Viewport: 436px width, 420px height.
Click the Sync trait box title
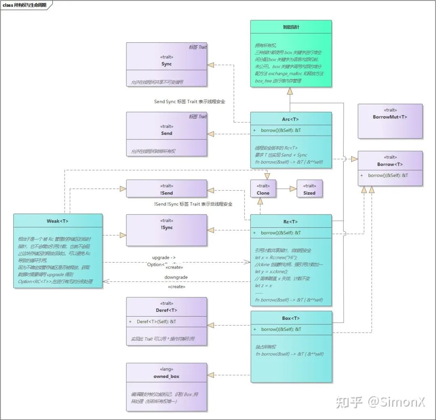[166, 64]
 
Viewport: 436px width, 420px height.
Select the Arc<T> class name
[290, 120]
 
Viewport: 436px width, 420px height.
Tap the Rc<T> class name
[290, 222]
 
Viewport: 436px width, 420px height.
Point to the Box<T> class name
[291, 318]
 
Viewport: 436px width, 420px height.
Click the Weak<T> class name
[58, 221]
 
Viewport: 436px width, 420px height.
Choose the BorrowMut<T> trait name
[390, 117]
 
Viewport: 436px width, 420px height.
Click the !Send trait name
[166, 193]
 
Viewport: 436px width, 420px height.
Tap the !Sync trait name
[166, 227]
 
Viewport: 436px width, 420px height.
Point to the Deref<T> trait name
[166, 310]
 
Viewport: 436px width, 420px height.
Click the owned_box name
[166, 376]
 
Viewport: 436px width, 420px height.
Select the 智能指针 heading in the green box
[291, 27]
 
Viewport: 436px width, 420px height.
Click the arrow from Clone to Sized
[286, 189]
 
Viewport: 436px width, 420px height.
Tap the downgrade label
[176, 277]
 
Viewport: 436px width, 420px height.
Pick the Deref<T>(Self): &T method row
[156, 321]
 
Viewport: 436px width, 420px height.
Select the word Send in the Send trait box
[166, 133]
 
